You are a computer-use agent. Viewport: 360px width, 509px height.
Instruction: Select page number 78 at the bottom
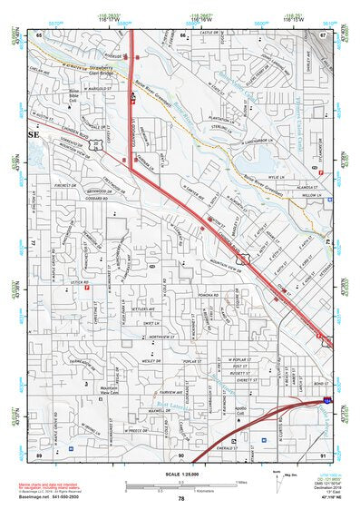180,499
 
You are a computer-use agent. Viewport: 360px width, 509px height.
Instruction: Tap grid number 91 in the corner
322,454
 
